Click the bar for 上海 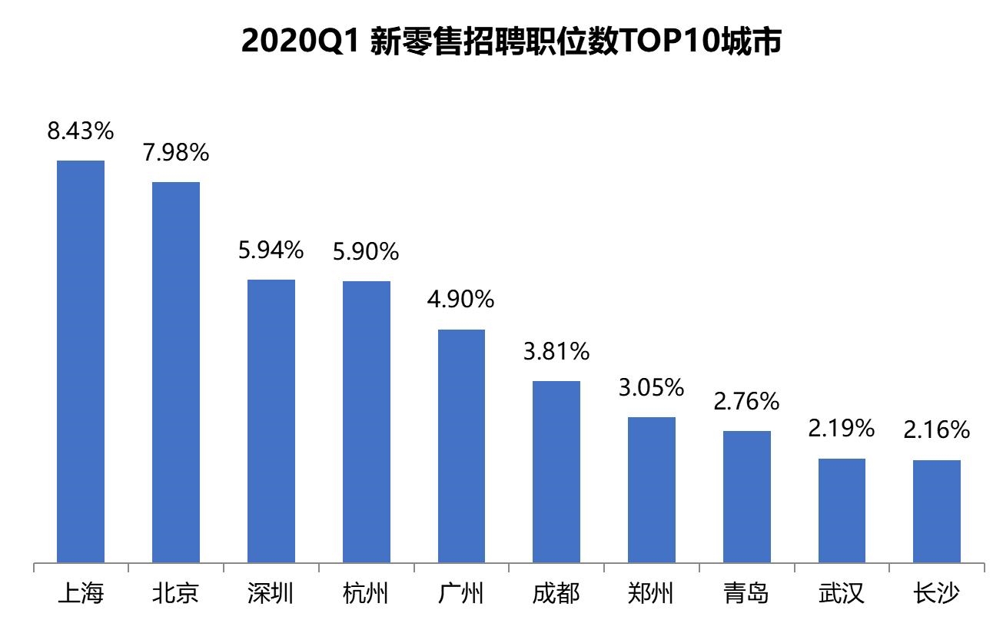click(81, 361)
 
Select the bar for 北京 click(176, 372)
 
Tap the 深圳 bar click(271, 421)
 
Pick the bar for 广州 click(461, 446)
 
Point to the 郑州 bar click(652, 489)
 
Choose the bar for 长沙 click(937, 511)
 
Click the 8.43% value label click(81, 131)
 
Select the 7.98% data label click(176, 153)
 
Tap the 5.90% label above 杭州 click(366, 251)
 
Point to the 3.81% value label click(556, 352)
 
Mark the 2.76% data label click(746, 401)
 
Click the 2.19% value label click(841, 429)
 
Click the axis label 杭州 click(366, 594)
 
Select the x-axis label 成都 click(556, 594)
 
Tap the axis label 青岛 click(746, 594)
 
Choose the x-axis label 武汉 click(842, 594)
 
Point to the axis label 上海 click(81, 594)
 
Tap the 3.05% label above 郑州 click(652, 388)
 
